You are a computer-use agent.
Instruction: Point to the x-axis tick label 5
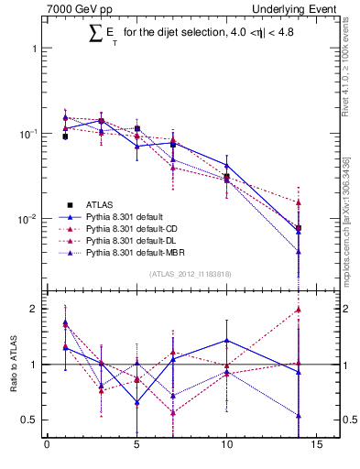(x=136, y=447)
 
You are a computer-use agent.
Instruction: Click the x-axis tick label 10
(x=226, y=447)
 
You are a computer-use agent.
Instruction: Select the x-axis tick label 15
(x=316, y=447)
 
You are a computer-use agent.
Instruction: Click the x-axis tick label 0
(x=47, y=447)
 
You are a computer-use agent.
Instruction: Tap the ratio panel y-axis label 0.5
(x=30, y=420)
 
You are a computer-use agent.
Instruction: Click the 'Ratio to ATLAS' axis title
(x=12, y=364)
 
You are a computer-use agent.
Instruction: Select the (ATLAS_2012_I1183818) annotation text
(x=190, y=273)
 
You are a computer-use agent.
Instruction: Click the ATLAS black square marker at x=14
(x=299, y=227)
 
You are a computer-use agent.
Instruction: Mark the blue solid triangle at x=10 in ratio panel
(x=226, y=340)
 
